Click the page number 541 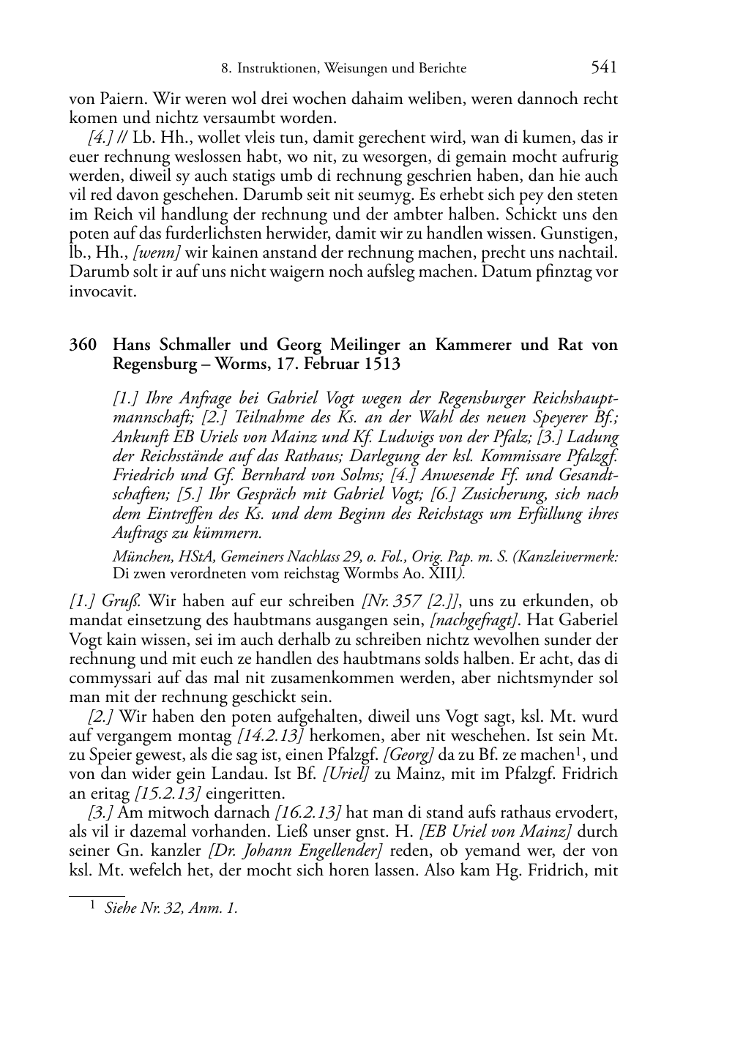click(x=603, y=68)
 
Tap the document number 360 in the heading click(x=83, y=345)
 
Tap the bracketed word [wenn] click(x=164, y=253)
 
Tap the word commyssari click(x=108, y=678)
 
